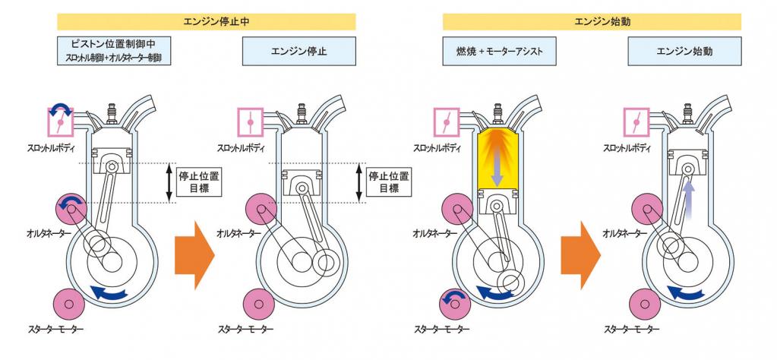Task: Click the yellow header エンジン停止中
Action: [x=206, y=22]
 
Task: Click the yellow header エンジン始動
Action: [x=592, y=22]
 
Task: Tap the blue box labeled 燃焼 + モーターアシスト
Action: [x=500, y=51]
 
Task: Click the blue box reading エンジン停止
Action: [x=298, y=51]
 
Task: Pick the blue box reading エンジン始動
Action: [x=684, y=51]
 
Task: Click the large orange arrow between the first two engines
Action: [x=194, y=255]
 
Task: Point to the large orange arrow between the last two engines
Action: [x=580, y=255]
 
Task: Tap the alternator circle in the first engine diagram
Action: [x=72, y=209]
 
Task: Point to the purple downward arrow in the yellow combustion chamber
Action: [x=498, y=171]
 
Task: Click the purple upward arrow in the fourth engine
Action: [x=687, y=201]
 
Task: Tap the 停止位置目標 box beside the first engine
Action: [x=199, y=182]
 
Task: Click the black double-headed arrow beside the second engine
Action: [x=359, y=182]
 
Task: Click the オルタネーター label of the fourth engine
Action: [x=624, y=233]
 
